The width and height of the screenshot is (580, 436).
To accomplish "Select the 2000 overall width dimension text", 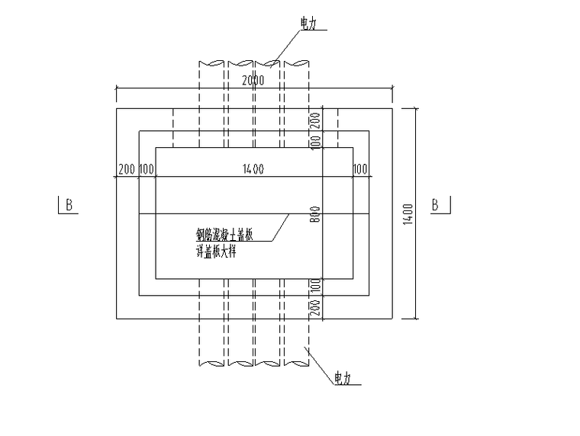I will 254,81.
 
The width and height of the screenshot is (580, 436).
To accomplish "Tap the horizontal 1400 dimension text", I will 254,169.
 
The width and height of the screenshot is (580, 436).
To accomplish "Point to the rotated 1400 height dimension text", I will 409,213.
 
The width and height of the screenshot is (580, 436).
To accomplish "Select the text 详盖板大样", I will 216,250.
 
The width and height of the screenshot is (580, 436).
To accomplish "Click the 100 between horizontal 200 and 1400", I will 147,169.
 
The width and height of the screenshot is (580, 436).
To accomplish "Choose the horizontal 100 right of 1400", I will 360,169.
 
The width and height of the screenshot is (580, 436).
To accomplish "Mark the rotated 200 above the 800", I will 315,120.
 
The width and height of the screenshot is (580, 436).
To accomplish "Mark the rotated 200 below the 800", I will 315,307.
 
